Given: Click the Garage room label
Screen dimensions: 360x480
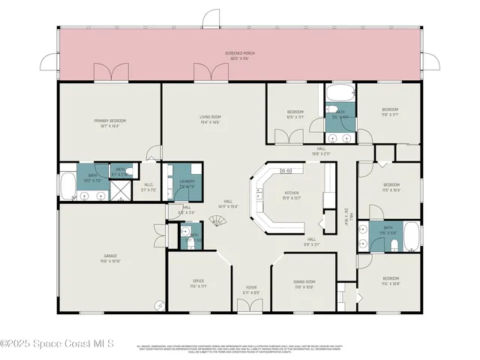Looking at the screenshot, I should click(x=110, y=258).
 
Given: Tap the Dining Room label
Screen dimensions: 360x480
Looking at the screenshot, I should click(x=304, y=283).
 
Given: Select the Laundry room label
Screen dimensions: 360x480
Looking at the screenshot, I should click(x=187, y=183).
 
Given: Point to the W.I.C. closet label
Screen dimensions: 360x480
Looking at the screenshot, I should click(x=148, y=187).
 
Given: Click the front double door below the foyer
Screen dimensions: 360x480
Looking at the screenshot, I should click(x=250, y=307).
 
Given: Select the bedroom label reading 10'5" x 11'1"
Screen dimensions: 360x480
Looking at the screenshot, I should click(x=295, y=115).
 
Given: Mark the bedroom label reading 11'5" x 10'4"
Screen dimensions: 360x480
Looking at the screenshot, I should click(x=391, y=187).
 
